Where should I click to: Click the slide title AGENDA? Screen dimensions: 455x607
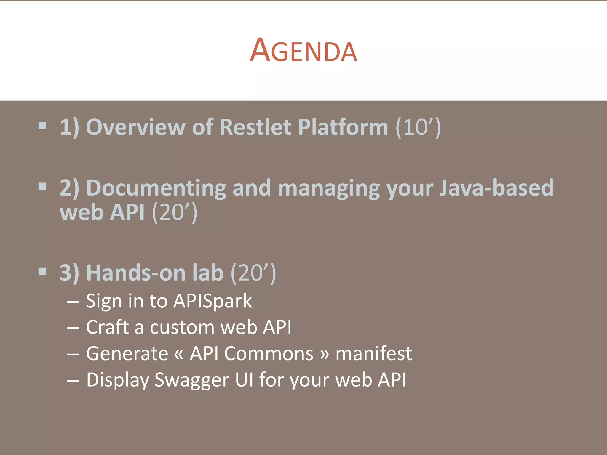point(303,51)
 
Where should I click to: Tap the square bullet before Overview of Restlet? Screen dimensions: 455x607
point(42,126)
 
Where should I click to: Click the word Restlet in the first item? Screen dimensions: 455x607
point(255,127)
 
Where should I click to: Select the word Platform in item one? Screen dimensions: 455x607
point(343,127)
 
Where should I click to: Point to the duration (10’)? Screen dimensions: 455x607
point(418,127)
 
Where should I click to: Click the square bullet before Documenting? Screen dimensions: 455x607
point(42,187)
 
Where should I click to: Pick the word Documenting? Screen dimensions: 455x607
point(156,188)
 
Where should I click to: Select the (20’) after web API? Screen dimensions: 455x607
point(174,213)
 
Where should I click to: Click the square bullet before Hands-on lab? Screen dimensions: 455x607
point(42,271)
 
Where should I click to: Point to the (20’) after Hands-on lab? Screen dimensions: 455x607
point(253,273)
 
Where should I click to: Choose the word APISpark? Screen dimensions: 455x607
point(213,301)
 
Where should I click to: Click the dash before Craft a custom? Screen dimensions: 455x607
point(73,328)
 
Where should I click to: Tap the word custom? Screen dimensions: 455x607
point(182,328)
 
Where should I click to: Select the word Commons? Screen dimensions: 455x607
point(269,354)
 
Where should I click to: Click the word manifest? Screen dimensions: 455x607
point(373,354)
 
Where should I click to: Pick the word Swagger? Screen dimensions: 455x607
point(191,380)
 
